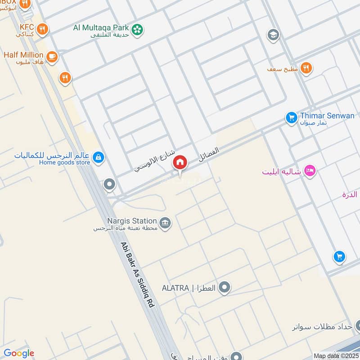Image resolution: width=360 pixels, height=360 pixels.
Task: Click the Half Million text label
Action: [x=23, y=55]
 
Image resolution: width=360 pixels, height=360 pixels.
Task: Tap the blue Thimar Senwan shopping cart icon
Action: [x=291, y=118]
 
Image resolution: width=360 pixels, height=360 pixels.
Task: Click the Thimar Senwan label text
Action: [x=327, y=116]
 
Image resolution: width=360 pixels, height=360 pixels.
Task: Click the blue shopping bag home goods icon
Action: [x=98, y=157]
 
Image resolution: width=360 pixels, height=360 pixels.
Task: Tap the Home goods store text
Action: [x=64, y=162]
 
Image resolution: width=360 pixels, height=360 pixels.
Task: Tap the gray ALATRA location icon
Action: [x=225, y=288]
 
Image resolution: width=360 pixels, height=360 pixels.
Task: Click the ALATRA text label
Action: [x=175, y=288]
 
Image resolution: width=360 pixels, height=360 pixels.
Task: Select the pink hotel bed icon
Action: [x=310, y=171]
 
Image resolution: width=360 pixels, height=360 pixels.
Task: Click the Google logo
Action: [x=19, y=353]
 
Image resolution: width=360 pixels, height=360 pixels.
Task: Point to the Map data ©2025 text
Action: [x=336, y=355]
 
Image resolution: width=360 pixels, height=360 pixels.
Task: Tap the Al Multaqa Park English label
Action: [x=101, y=27]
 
